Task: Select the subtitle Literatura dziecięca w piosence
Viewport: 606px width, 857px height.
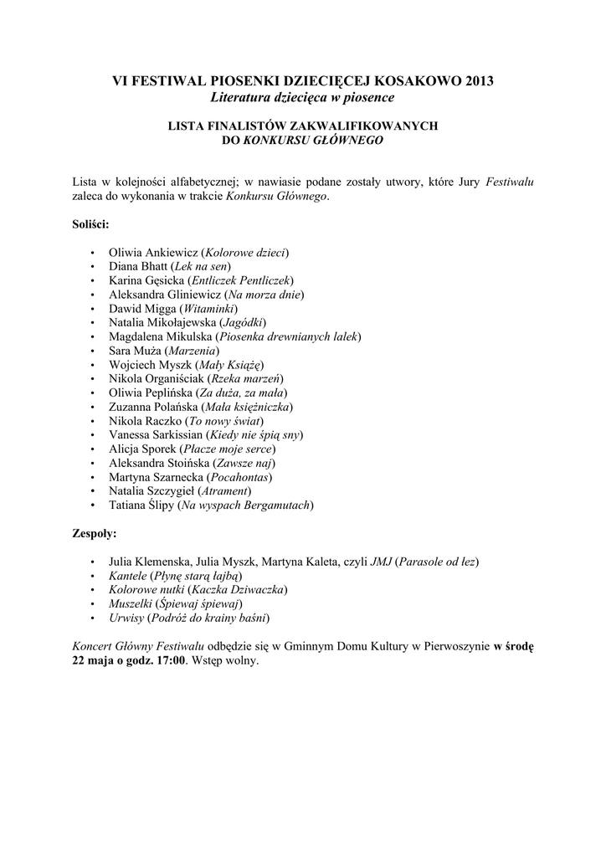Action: pos(302,98)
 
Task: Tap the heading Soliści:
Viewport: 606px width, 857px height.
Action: pos(91,224)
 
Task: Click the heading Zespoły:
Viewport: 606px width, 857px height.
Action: pos(95,532)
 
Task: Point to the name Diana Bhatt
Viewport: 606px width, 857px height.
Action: pos(138,266)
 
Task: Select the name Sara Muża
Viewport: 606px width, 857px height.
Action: pos(136,351)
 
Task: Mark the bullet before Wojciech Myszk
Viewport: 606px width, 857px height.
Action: pos(91,365)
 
